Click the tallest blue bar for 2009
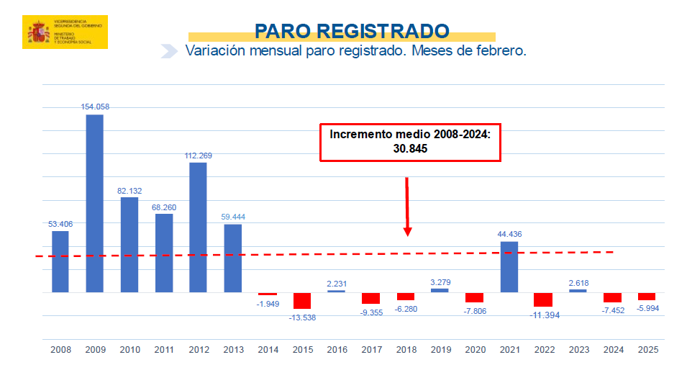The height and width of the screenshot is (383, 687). tap(95, 203)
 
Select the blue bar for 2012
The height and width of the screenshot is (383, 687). tap(198, 227)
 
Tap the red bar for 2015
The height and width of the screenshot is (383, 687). tap(301, 300)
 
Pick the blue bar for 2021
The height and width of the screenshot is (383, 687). tap(509, 266)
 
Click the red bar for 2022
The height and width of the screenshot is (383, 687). tap(543, 299)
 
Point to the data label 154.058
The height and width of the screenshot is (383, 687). tap(95, 107)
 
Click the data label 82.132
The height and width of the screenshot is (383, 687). tap(129, 191)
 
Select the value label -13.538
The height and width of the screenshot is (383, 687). tap(302, 317)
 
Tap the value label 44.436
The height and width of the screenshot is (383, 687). tap(509, 234)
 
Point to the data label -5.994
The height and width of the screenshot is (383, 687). tap(647, 308)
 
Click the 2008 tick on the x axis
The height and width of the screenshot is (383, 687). tap(60, 350)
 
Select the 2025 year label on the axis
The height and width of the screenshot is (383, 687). tap(647, 350)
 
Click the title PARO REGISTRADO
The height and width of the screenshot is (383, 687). tap(352, 31)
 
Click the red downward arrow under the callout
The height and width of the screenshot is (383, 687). tap(407, 209)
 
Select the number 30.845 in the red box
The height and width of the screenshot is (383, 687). tap(410, 148)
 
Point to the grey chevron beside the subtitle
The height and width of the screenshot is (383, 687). tap(169, 51)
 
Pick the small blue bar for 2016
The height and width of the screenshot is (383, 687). tap(336, 291)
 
